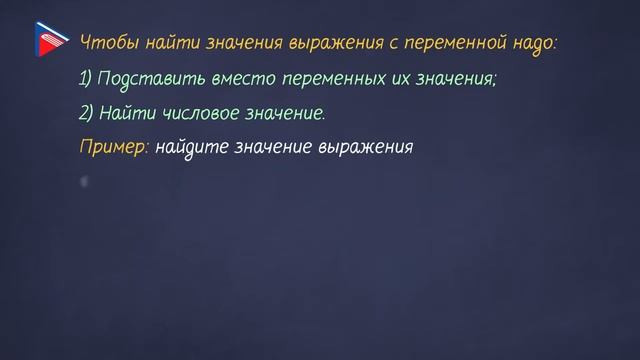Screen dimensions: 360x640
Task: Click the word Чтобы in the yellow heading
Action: click(x=104, y=44)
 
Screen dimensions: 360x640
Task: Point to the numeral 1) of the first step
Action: click(x=87, y=79)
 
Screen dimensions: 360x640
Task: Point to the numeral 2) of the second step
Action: click(x=87, y=113)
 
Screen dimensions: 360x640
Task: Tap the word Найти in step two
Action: click(x=126, y=113)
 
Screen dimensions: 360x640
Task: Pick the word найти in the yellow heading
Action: click(x=168, y=44)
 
